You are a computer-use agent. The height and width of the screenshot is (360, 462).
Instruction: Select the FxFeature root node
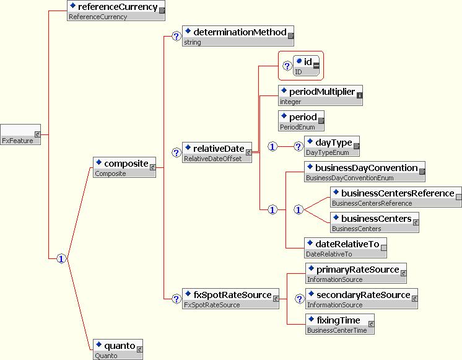click(20, 134)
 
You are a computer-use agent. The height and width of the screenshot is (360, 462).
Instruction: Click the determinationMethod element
click(238, 36)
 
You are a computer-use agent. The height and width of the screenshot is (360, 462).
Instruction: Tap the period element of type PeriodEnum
click(301, 120)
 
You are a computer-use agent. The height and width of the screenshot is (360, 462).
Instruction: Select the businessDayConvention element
click(364, 172)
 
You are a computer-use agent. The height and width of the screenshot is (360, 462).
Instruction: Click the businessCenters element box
click(375, 222)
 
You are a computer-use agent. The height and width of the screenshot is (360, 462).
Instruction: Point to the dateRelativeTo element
click(345, 248)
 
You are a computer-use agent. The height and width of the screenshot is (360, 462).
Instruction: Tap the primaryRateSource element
click(356, 273)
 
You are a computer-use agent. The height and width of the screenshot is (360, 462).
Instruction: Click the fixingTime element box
click(341, 324)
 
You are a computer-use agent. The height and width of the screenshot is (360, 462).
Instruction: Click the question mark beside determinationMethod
click(175, 37)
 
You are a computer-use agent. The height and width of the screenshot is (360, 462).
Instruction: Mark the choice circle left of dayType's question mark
click(272, 147)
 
